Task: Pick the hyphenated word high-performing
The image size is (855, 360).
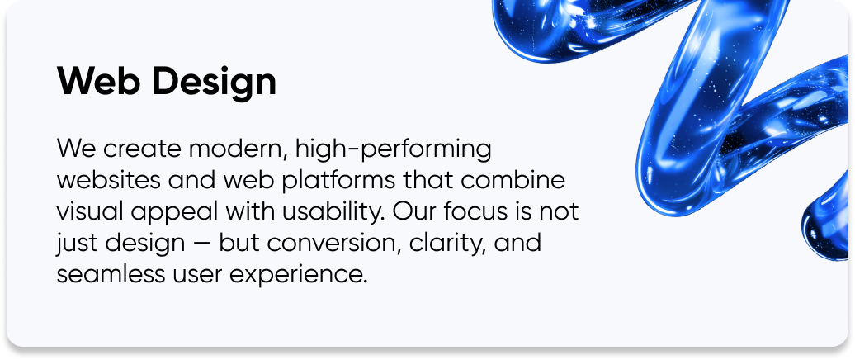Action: pyautogui.click(x=388, y=151)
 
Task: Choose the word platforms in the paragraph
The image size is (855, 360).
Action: pyautogui.click(x=341, y=182)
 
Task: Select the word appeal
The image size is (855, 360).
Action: pyautogui.click(x=169, y=213)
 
